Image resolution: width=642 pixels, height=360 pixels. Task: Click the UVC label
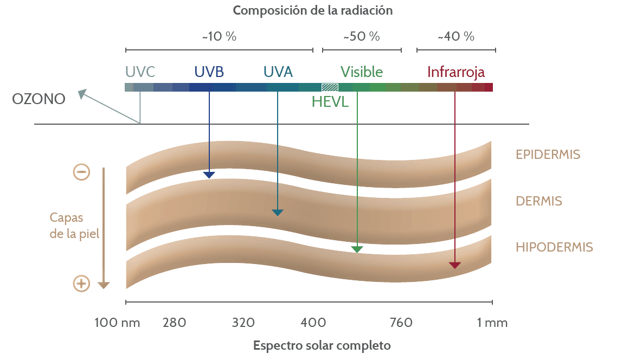140,72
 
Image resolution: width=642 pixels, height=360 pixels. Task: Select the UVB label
209,72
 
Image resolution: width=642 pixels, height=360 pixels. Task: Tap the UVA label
278,72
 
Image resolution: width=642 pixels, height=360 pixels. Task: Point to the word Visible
362,72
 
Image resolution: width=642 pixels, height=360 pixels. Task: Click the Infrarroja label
456,72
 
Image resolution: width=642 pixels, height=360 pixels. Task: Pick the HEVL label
330,101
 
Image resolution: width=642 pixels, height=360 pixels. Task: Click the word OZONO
38,99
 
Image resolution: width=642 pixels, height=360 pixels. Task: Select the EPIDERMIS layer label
548,155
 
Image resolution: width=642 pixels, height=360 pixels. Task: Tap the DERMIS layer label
538,201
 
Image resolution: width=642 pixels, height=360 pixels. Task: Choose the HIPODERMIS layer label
554,247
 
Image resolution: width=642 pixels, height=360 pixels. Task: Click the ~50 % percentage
362,37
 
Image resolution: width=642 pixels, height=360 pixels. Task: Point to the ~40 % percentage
456,37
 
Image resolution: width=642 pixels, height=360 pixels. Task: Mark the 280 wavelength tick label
175,323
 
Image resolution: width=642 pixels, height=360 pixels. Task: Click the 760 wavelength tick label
401,323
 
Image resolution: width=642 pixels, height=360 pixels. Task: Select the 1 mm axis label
492,323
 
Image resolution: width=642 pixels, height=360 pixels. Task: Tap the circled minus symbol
81,172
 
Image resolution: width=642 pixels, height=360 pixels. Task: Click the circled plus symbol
81,283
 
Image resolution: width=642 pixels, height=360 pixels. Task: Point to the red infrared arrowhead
455,265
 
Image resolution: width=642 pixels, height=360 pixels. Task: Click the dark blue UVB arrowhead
209,175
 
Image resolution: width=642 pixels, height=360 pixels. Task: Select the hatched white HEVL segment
330,87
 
